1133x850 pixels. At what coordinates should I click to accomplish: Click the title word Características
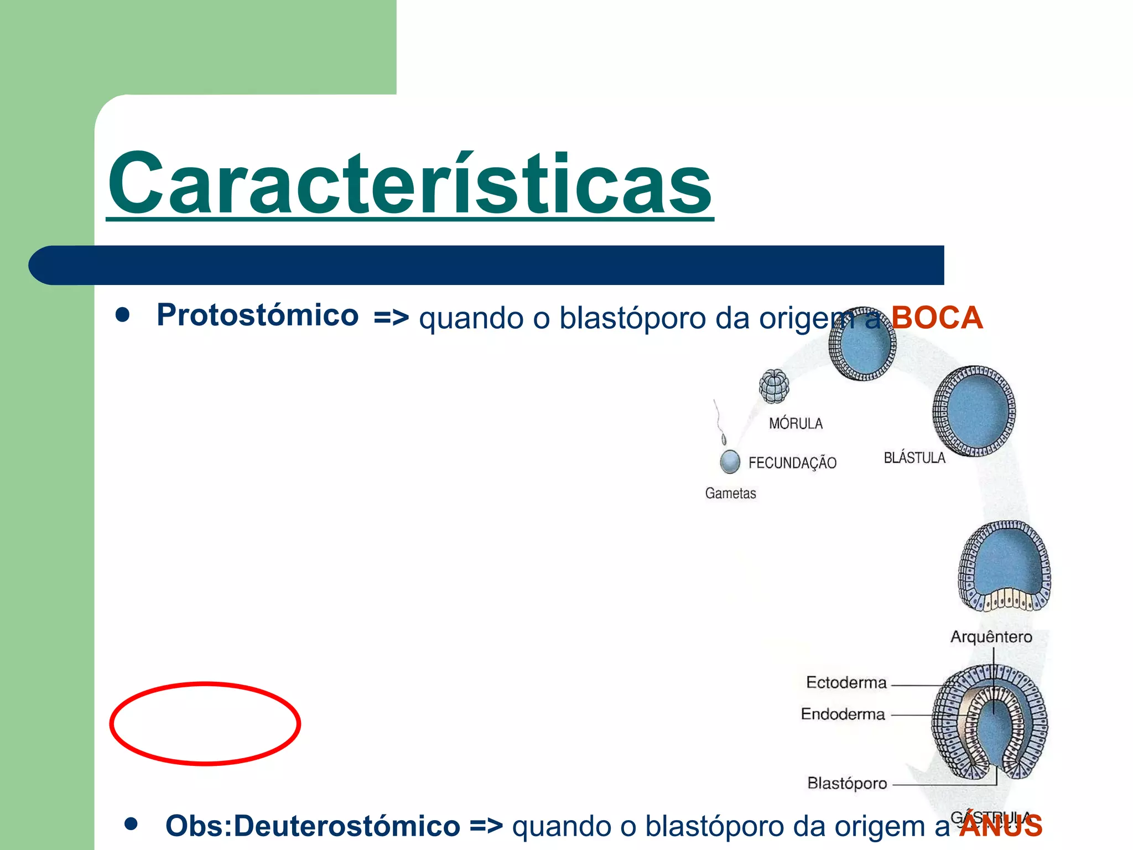point(409,184)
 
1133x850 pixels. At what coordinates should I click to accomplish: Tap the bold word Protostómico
point(258,315)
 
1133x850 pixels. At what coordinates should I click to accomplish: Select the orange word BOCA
point(937,318)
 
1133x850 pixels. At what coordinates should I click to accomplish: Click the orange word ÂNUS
point(1001,826)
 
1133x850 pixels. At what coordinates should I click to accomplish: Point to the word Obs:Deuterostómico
point(313,826)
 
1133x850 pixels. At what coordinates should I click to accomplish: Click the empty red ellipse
point(205,724)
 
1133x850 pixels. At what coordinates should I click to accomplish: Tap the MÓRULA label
point(796,423)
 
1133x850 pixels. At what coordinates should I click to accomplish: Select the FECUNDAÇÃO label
point(792,463)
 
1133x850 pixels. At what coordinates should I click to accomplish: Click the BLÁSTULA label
point(914,458)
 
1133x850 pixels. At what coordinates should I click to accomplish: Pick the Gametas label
point(730,493)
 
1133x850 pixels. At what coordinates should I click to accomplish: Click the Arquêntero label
point(991,636)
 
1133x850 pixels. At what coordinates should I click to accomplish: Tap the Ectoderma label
point(846,682)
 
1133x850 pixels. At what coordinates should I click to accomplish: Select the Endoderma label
point(843,714)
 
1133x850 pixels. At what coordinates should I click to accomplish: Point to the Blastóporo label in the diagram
point(847,783)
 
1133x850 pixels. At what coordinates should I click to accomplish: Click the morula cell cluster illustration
point(774,386)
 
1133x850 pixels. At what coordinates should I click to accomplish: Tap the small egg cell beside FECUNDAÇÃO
point(730,461)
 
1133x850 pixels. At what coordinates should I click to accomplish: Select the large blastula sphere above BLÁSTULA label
point(974,411)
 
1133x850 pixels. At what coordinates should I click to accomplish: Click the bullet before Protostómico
point(122,315)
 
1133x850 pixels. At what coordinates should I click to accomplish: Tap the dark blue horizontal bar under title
point(487,265)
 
